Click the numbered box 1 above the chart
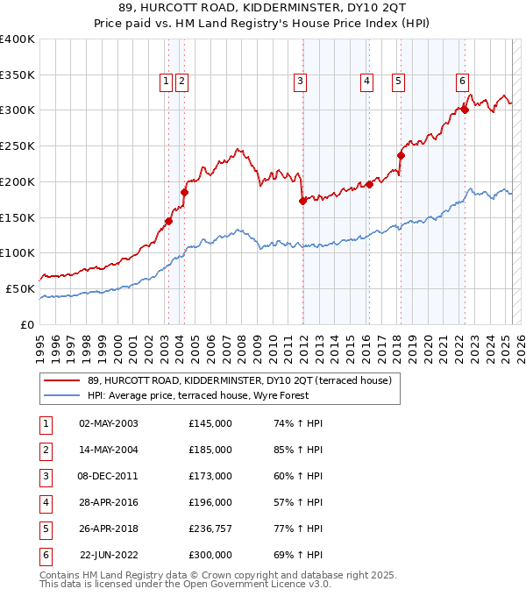pos(166,82)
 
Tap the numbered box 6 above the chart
pos(461,82)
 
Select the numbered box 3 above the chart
pos(300,82)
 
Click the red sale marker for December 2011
pos(302,201)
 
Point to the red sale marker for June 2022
pos(466,110)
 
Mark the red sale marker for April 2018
pos(401,155)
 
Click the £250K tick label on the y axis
pos(18,145)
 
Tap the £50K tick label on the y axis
pos(21,288)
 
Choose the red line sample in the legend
pos(61,380)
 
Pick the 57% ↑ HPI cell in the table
pos(298,502)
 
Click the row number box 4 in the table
pos(43,502)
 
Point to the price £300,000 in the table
pos(210,555)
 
